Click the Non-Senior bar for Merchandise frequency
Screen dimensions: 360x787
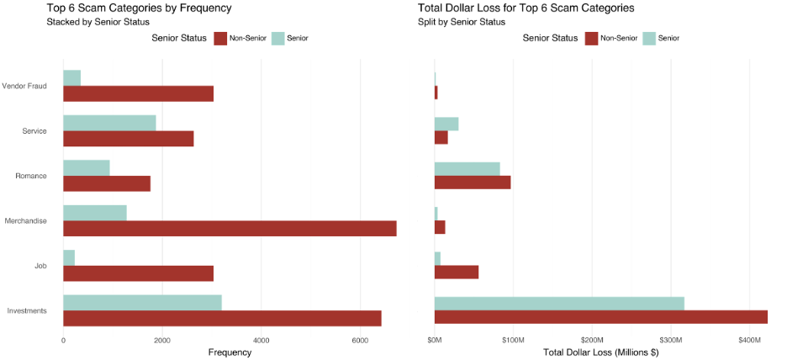click(x=230, y=228)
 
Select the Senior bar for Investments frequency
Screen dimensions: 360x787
click(x=142, y=303)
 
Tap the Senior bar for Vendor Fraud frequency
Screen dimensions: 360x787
click(x=71, y=77)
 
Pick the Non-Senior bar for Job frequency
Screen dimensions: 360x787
click(x=138, y=273)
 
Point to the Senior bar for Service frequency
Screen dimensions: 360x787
click(x=109, y=123)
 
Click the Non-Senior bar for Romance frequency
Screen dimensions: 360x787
click(x=107, y=183)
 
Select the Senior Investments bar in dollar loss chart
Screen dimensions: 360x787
click(x=559, y=303)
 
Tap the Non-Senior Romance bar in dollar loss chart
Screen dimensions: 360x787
click(x=473, y=183)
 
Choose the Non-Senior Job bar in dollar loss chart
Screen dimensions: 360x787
click(x=457, y=273)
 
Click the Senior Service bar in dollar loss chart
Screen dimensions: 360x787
click(x=446, y=124)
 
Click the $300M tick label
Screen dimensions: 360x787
click(x=671, y=341)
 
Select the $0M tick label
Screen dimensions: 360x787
click(x=435, y=341)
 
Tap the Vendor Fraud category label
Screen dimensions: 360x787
click(x=24, y=86)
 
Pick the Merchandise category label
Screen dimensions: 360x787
click(x=25, y=221)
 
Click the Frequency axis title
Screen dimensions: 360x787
click(x=229, y=352)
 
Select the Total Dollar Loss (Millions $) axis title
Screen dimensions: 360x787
click(x=600, y=352)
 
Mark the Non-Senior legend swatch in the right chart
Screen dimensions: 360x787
click(x=591, y=38)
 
